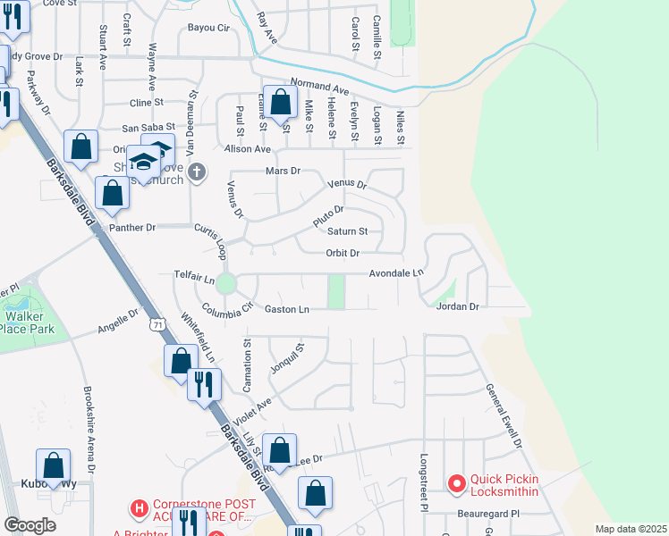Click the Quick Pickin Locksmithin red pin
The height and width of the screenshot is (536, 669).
[x=457, y=484]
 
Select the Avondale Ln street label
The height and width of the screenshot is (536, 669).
[x=396, y=272]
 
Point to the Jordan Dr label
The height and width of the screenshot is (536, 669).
[x=458, y=306]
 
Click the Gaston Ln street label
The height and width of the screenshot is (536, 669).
[x=287, y=309]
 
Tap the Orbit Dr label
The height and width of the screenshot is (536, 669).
[x=342, y=253]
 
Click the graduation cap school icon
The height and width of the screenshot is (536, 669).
[x=143, y=161]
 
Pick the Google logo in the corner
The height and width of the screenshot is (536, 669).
[x=30, y=525]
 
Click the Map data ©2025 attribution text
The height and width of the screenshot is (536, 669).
[x=631, y=529]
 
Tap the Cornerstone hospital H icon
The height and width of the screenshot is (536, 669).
[x=140, y=508]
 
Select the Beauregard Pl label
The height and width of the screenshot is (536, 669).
[x=490, y=515]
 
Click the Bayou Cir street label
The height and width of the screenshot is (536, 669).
[x=208, y=28]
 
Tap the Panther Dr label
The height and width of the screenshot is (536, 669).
[x=132, y=227]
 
